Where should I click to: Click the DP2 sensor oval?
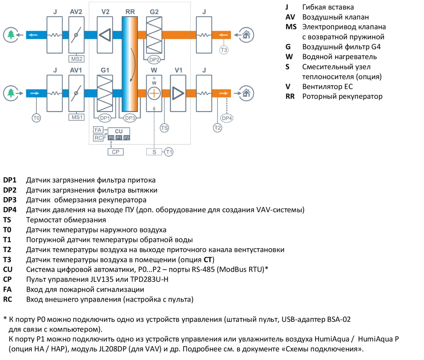[154, 60]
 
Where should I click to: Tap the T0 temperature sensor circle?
[36, 118]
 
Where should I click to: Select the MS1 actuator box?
[77, 117]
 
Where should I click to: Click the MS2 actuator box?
[77, 59]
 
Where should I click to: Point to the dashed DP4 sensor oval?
[227, 118]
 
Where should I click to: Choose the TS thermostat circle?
[164, 128]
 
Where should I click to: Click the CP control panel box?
[116, 152]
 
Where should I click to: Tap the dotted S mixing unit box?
[154, 152]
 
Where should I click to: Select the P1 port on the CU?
[119, 138]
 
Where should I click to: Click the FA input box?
[98, 130]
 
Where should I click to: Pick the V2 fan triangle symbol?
[105, 35]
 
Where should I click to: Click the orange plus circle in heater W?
[154, 93]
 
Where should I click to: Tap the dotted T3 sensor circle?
[224, 50]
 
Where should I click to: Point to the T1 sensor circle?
[169, 152]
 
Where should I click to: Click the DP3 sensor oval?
[130, 118]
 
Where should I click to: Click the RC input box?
[98, 138]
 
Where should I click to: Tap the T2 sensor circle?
[217, 128]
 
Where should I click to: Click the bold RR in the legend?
[290, 96]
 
